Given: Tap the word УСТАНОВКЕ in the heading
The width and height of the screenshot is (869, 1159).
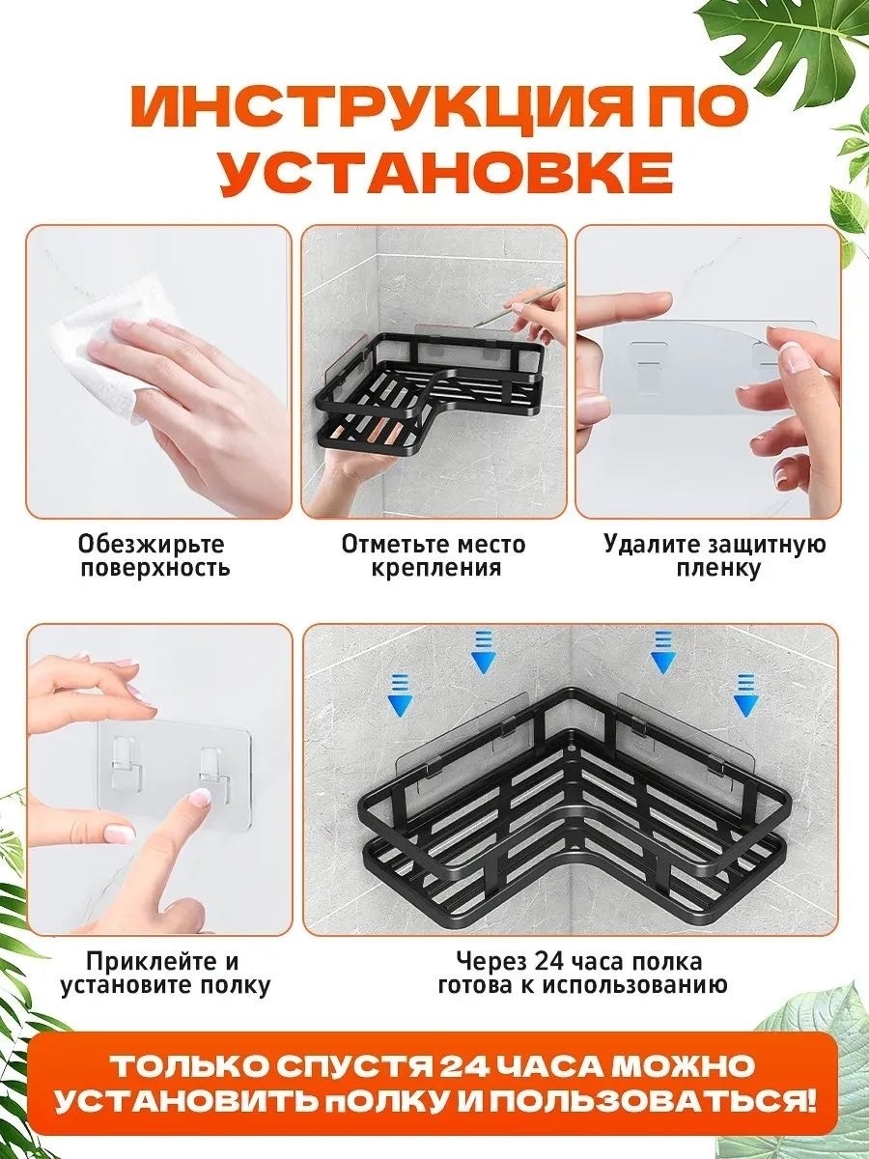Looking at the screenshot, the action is tap(446, 174).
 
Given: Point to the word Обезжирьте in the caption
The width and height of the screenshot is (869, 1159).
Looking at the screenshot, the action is tap(152, 544).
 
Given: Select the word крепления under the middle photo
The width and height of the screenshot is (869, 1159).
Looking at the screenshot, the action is tap(435, 569).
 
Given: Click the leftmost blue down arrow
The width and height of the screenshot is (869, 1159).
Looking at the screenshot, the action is tap(400, 699).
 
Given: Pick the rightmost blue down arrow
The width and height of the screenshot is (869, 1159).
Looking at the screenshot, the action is tap(746, 694).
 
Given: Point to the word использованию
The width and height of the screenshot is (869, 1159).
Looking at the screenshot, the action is tap(634, 986).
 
